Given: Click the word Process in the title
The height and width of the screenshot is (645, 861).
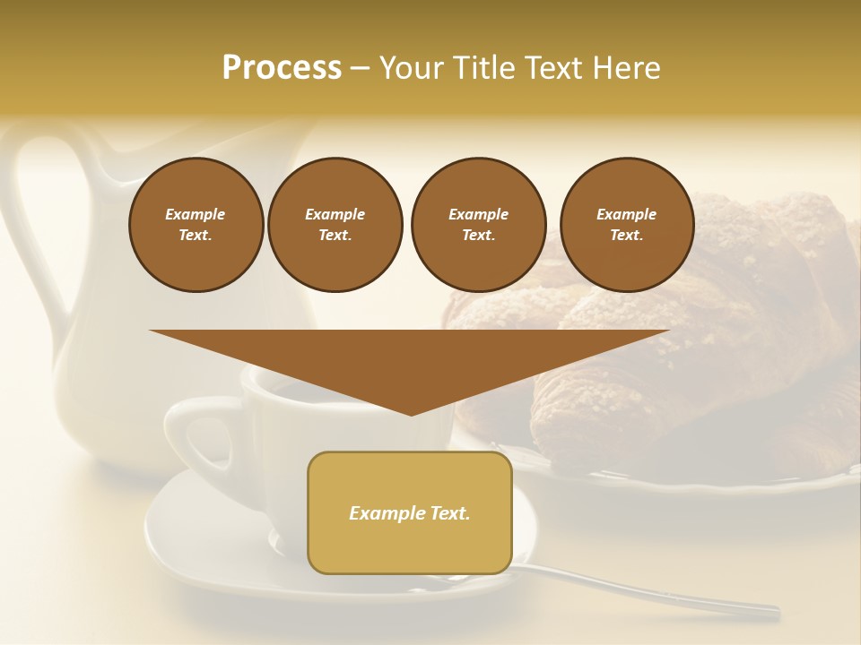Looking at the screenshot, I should (282, 68).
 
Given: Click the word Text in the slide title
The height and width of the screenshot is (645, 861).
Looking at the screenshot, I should (556, 68).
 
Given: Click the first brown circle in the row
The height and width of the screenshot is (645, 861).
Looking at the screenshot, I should (196, 225).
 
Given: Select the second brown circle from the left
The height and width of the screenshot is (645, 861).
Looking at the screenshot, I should (335, 225).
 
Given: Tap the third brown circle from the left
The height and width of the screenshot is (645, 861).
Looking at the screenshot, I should (478, 225).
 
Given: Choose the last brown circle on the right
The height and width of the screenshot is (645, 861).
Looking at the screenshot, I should (627, 225).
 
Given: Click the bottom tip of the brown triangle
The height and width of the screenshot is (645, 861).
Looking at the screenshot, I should (411, 412).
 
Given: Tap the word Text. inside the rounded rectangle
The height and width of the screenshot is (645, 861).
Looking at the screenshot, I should (449, 513).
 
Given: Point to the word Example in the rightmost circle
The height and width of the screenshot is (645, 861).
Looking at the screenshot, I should (626, 214).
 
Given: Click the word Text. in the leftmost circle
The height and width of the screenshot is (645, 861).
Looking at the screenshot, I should (196, 236).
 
